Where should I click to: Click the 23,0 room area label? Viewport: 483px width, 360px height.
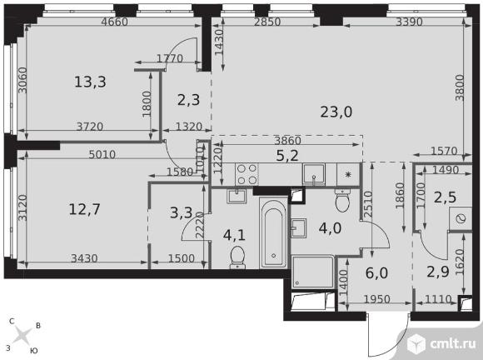(336, 112)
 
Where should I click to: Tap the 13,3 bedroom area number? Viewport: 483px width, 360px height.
(90, 82)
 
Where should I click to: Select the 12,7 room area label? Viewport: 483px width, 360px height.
(84, 210)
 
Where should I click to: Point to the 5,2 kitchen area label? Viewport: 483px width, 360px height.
(287, 156)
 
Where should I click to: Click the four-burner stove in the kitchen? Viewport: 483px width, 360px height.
(246, 174)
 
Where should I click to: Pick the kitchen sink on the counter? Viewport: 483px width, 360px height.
(314, 174)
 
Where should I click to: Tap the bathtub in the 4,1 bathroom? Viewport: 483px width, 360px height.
(273, 233)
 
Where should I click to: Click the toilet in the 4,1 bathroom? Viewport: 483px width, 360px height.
(237, 257)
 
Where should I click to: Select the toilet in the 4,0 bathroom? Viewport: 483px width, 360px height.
(342, 200)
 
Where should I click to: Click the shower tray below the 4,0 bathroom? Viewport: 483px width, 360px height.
(313, 272)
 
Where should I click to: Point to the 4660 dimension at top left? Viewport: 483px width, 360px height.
(115, 22)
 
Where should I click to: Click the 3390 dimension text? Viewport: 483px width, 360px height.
(410, 22)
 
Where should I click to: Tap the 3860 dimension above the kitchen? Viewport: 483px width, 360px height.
(287, 141)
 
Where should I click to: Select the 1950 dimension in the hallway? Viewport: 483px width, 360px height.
(376, 299)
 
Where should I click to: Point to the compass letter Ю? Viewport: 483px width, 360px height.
(33, 351)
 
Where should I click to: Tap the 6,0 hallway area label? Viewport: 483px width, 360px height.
(376, 273)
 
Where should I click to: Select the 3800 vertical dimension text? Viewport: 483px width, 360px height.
(460, 87)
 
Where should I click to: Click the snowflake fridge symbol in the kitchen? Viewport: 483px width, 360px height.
(348, 175)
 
